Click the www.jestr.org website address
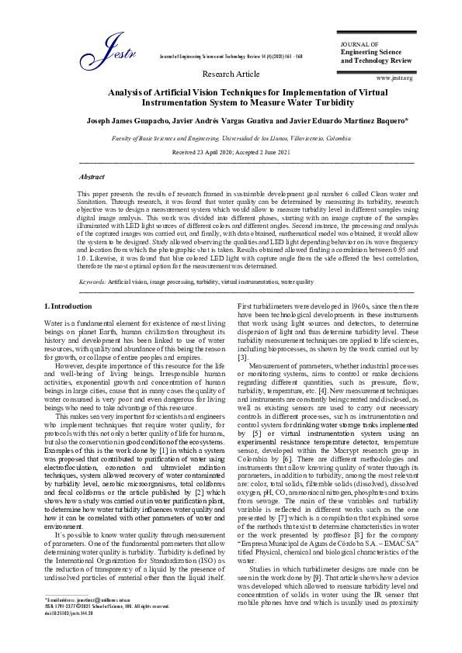394,78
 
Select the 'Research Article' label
231,74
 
